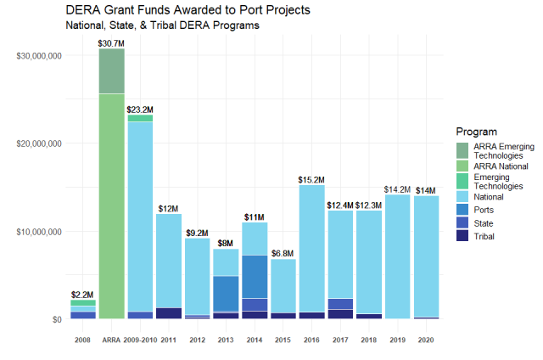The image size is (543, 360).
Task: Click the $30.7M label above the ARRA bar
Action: pyautogui.click(x=111, y=42)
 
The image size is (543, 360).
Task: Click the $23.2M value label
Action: pyautogui.click(x=140, y=109)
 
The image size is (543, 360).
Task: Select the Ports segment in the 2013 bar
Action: pyautogui.click(x=226, y=293)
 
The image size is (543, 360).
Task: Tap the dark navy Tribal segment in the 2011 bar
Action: pyautogui.click(x=169, y=313)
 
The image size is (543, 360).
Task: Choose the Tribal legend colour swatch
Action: pyautogui.click(x=464, y=237)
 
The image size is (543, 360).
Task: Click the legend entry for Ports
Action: pyautogui.click(x=484, y=209)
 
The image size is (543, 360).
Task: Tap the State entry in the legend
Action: pyautogui.click(x=484, y=222)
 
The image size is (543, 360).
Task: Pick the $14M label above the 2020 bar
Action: pyautogui.click(x=426, y=190)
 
